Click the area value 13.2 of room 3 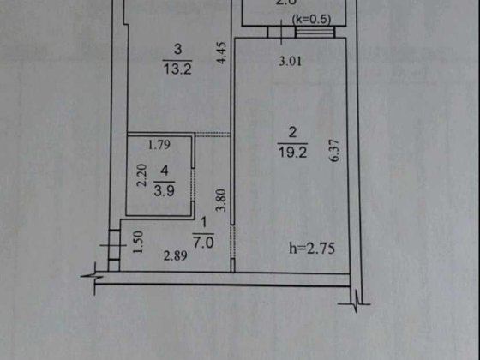tap(174, 68)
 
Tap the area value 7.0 tap(203, 243)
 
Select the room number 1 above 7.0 tap(203, 227)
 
